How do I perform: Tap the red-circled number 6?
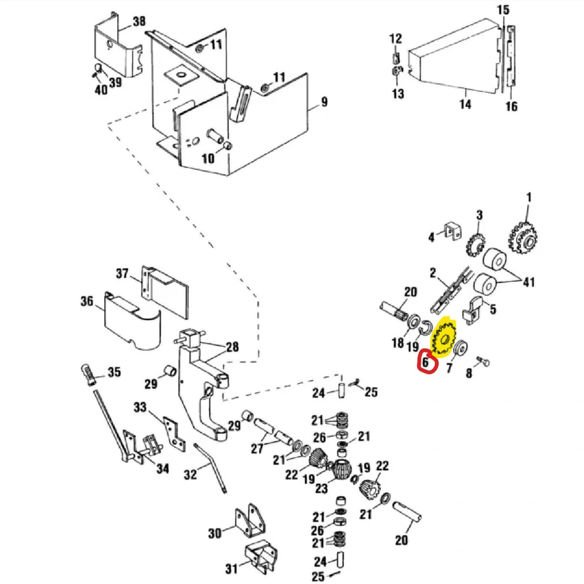pyautogui.click(x=426, y=362)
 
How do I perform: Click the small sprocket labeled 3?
pyautogui.click(x=476, y=244)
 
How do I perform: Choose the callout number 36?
pyautogui.click(x=87, y=301)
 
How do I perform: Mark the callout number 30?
pyautogui.click(x=215, y=533)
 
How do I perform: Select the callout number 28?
pyautogui.click(x=232, y=347)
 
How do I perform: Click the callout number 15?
pyautogui.click(x=503, y=10)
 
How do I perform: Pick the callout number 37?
pyautogui.click(x=122, y=274)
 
